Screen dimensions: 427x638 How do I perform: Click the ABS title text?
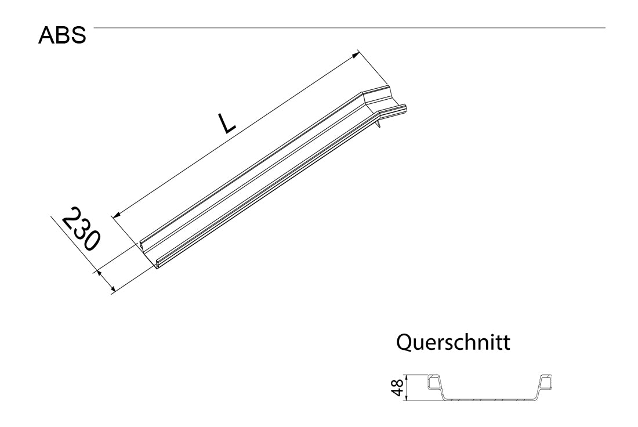62,36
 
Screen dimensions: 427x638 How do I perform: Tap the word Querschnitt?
453,343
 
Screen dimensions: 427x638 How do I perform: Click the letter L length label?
226,123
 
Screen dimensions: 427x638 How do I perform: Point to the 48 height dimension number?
397,388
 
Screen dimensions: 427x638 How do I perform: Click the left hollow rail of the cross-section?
434,382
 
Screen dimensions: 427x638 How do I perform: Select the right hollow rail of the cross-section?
546,382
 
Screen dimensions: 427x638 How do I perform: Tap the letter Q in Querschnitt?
404,343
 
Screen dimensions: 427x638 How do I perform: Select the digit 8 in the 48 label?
397,383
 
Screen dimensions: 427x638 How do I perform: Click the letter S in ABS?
78,36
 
